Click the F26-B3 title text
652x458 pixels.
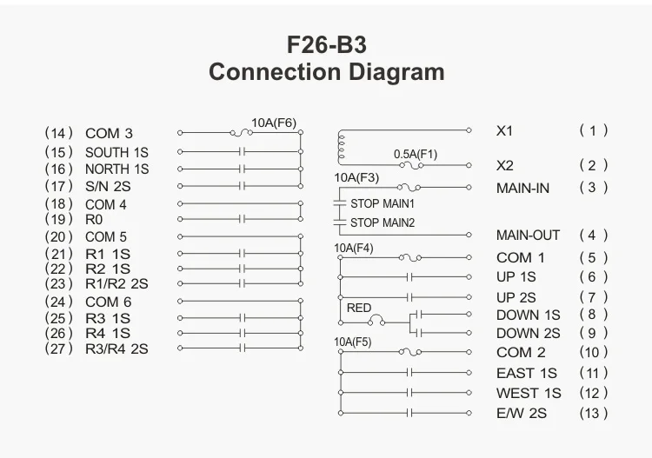point(326,43)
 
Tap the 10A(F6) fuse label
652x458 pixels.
point(273,123)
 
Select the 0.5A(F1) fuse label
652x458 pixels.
point(416,154)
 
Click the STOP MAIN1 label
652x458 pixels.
point(382,203)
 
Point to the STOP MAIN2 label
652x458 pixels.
point(382,222)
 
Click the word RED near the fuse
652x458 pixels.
point(359,308)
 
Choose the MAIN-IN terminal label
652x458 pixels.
point(522,188)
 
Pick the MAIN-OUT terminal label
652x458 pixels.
point(528,235)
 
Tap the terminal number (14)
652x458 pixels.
point(58,133)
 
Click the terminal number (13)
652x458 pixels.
point(594,413)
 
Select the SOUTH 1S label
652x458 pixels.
point(116,152)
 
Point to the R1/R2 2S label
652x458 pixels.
point(116,283)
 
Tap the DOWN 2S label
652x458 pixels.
point(529,333)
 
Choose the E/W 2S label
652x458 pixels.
point(522,413)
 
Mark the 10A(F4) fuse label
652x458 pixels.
point(354,248)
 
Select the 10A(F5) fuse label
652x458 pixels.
point(353,342)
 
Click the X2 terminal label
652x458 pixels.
point(505,165)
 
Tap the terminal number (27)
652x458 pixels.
point(58,348)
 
